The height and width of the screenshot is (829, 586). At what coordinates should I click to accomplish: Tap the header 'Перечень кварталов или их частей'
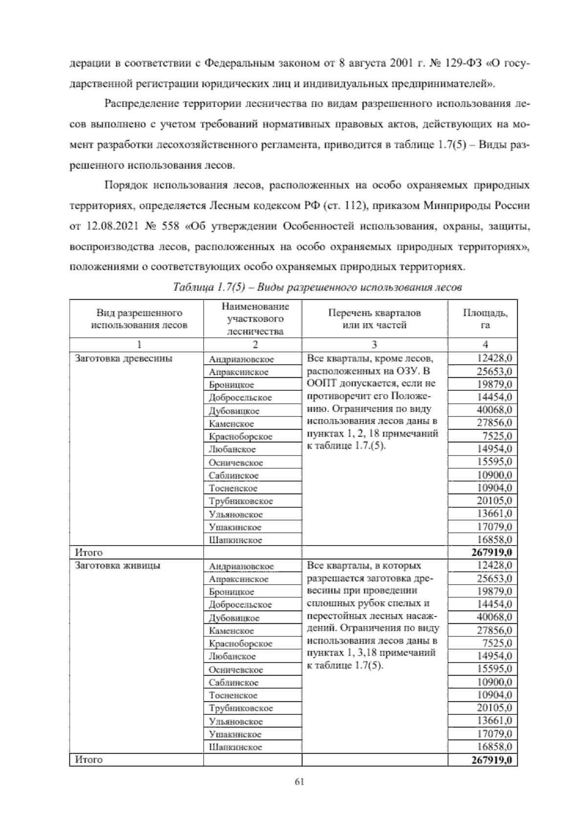(374, 319)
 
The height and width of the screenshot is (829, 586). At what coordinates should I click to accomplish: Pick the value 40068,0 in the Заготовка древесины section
(494, 410)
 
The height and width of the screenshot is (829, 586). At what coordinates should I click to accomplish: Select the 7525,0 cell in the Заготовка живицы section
(497, 643)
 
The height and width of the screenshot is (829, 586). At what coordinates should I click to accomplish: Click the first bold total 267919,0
(492, 553)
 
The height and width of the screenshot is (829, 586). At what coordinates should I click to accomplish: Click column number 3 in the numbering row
(374, 344)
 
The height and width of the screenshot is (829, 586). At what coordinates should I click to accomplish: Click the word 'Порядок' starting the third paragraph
(125, 185)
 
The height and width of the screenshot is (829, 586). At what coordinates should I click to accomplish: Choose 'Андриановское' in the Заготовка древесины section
(241, 359)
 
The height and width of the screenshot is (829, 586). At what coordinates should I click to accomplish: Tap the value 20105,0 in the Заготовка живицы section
(494, 708)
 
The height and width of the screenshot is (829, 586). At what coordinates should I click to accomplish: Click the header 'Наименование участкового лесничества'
(255, 319)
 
